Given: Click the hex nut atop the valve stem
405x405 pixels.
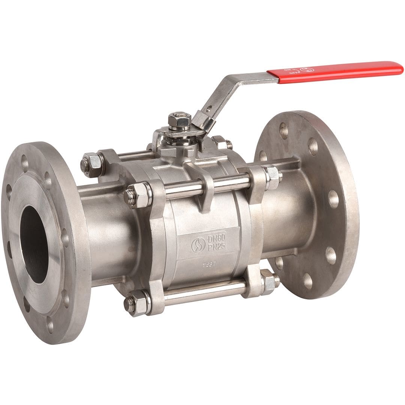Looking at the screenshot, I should tap(180, 120).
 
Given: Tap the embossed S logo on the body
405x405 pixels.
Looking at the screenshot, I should tap(198, 245).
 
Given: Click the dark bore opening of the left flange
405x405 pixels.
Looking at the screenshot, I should tap(34, 244).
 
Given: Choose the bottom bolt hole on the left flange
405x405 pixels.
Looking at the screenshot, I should tap(50, 325).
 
